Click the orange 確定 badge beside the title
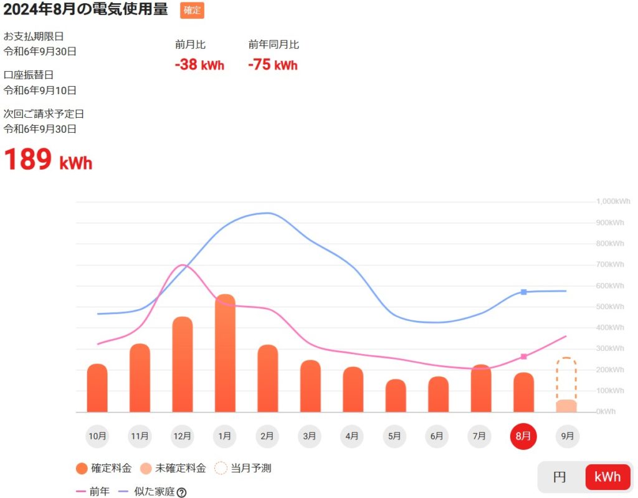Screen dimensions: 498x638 pyautogui.click(x=192, y=11)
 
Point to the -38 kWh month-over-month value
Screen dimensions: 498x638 pyautogui.click(x=199, y=65)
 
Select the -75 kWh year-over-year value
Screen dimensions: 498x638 pyautogui.click(x=273, y=65)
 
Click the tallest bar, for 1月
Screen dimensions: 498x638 pyautogui.click(x=225, y=353)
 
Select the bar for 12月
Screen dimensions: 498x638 pyautogui.click(x=183, y=364)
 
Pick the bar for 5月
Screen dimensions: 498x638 pyautogui.click(x=396, y=395)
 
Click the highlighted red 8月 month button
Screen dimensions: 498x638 pyautogui.click(x=523, y=436)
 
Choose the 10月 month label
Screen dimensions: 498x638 pyautogui.click(x=98, y=436)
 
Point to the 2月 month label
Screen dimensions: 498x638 pyautogui.click(x=267, y=436)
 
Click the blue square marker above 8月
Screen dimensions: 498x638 pyautogui.click(x=524, y=292)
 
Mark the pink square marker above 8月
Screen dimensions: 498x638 pyautogui.click(x=524, y=357)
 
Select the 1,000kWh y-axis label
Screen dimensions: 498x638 pyautogui.click(x=613, y=201)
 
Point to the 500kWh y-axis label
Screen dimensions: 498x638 pyautogui.click(x=611, y=307)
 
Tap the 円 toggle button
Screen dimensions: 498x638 pyautogui.click(x=559, y=477)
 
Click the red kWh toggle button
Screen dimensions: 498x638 pyautogui.click(x=607, y=477)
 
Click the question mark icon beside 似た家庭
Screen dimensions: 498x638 pyautogui.click(x=181, y=492)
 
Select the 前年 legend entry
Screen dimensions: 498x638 pyautogui.click(x=91, y=492)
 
